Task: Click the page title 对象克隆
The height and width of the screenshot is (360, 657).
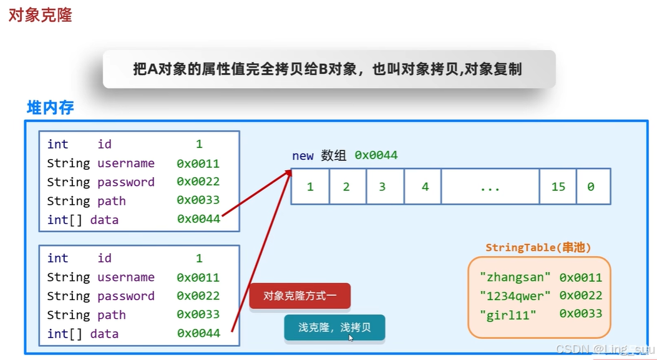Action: (x=40, y=15)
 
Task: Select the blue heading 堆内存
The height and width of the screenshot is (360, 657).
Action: (x=51, y=108)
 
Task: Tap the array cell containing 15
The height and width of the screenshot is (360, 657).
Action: (x=558, y=187)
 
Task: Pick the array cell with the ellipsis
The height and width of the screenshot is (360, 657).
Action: (x=490, y=187)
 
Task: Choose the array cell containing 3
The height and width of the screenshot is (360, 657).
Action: (x=382, y=187)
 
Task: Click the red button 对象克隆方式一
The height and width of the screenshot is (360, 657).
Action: (x=300, y=296)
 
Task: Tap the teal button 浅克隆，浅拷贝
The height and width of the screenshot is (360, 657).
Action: (x=334, y=327)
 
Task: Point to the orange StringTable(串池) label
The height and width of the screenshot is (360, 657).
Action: (x=538, y=248)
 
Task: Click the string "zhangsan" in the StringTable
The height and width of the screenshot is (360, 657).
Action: (x=515, y=277)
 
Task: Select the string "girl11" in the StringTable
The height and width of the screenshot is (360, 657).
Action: (x=508, y=315)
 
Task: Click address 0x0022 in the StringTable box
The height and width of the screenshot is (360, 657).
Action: (x=580, y=296)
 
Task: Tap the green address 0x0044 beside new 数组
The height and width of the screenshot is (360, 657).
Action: (x=376, y=155)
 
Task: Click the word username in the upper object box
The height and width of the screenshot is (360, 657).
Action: (x=126, y=163)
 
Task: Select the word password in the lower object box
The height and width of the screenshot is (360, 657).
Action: (x=126, y=296)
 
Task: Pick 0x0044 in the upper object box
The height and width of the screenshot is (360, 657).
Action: (x=198, y=220)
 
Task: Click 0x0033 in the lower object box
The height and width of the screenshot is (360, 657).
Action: (x=198, y=315)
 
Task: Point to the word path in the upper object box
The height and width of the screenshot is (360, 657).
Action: (x=112, y=201)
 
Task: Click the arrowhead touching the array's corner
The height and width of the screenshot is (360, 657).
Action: (x=289, y=173)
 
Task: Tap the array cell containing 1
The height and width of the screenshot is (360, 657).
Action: (x=310, y=187)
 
